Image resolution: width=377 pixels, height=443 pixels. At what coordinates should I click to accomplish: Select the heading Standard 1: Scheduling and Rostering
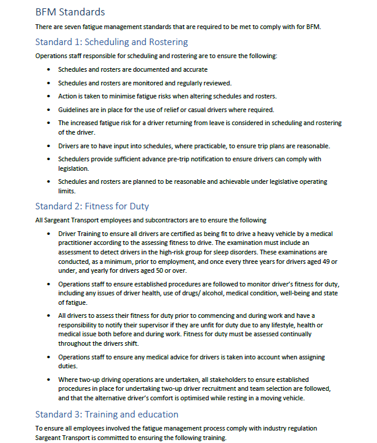click(111, 42)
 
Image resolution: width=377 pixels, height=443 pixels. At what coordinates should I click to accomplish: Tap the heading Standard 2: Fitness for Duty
click(92, 206)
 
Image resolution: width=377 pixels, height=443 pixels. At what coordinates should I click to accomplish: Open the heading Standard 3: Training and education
click(107, 414)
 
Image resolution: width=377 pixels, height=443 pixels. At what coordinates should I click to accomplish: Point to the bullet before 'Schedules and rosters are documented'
click(49, 69)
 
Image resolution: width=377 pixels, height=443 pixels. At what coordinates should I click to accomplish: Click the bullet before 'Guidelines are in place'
click(49, 110)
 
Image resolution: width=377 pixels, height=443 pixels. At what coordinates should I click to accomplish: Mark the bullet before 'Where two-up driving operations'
click(49, 379)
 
